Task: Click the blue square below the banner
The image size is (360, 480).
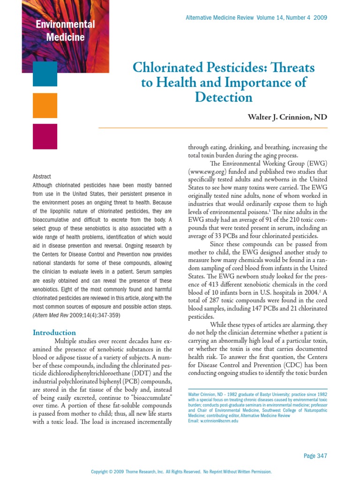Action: [x=45, y=74]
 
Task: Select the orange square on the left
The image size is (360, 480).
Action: [x=45, y=105]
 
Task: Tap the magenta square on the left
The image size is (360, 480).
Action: [x=45, y=136]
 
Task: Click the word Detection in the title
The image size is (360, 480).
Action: [x=224, y=97]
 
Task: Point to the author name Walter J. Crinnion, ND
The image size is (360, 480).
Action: [x=287, y=117]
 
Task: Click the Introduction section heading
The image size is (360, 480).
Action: [x=54, y=332]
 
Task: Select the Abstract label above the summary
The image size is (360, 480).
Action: [x=42, y=177]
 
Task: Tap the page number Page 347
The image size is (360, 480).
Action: [x=315, y=456]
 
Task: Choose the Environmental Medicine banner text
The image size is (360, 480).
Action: [x=65, y=30]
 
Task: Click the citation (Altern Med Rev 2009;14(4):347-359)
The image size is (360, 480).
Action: [x=76, y=315]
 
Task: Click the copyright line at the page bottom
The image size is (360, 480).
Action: [x=181, y=472]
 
